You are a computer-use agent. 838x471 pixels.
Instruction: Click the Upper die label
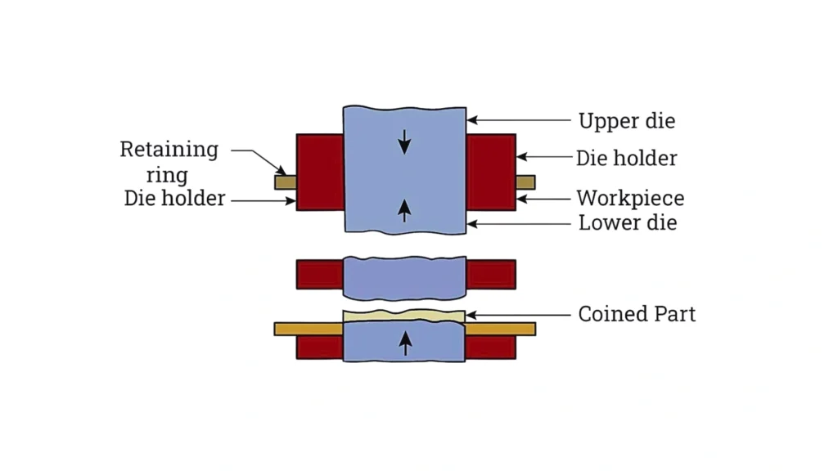tap(627, 121)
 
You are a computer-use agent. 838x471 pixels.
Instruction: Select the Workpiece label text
tap(630, 198)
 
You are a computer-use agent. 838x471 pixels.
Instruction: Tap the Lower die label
tap(628, 222)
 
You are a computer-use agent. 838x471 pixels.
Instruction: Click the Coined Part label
tap(637, 314)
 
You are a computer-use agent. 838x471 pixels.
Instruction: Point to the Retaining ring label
tap(169, 162)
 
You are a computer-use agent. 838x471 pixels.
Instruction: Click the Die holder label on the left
tap(174, 198)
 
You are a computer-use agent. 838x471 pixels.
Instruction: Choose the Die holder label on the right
tap(627, 158)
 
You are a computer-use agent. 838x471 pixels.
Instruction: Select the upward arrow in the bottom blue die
tap(404, 344)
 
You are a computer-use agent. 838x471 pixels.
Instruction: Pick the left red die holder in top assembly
tap(320, 172)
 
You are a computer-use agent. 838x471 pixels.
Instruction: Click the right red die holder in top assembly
tap(491, 172)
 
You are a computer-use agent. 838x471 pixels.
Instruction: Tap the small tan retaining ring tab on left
tap(285, 182)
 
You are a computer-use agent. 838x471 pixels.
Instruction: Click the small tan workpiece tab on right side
tap(525, 182)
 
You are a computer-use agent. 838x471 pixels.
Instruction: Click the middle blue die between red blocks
tap(404, 278)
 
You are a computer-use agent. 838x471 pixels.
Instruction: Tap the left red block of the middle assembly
tap(319, 274)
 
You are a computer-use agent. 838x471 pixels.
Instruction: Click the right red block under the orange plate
tap(490, 348)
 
